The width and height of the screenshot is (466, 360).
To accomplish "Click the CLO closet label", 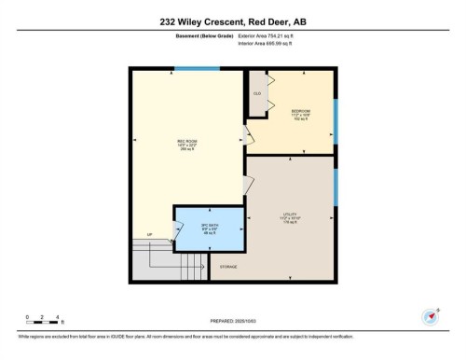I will pyautogui.click(x=256, y=93).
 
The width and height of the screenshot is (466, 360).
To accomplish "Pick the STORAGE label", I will pyautogui.click(x=228, y=267).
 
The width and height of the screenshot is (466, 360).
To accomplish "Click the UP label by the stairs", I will pyautogui.click(x=148, y=235).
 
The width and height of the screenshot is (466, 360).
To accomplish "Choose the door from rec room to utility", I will pyautogui.click(x=248, y=184).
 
